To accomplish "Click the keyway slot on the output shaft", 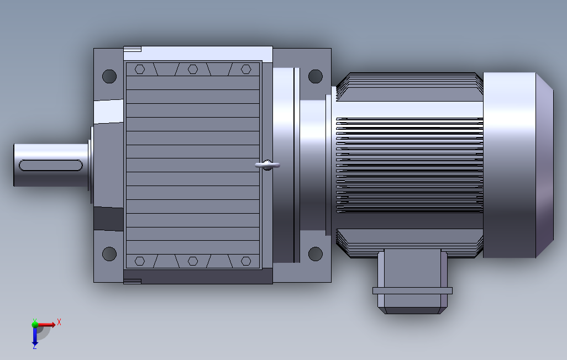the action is point(51,165).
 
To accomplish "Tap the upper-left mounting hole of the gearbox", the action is point(109,76).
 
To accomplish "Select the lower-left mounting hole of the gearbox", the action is point(109,254).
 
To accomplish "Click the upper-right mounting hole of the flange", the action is point(316,76).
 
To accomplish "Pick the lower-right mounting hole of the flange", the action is point(316,254).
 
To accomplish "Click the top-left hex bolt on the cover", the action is point(140,69).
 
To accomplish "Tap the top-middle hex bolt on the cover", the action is point(193,69).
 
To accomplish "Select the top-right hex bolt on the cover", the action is point(246,69).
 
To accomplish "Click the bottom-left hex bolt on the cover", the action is point(140,261).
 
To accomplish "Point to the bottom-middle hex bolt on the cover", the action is point(193,261).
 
